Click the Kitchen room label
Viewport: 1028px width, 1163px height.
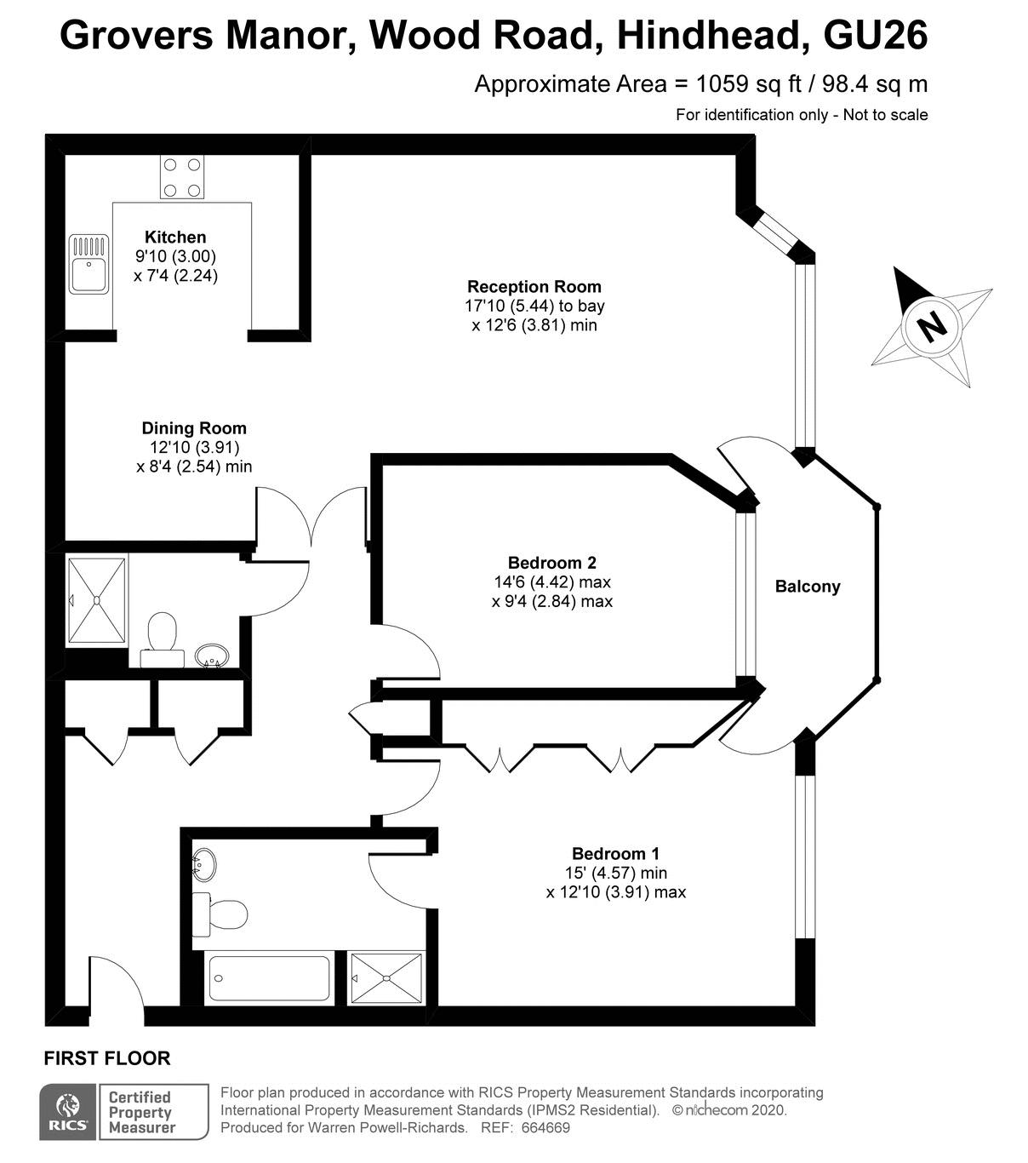(175, 237)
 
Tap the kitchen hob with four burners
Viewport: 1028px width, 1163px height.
(182, 177)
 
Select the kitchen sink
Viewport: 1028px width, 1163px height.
(89, 263)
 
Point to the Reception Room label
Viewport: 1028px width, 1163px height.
(534, 286)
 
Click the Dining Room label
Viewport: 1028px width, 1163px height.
(194, 428)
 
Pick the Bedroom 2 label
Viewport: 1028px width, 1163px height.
(552, 563)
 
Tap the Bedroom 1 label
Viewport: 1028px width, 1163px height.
(615, 854)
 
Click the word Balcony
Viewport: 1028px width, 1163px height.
(808, 587)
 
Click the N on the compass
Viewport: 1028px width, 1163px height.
(932, 327)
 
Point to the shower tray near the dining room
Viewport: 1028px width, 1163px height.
(96, 601)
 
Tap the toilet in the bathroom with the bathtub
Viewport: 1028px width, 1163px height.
(220, 914)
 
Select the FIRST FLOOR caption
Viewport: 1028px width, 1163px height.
(107, 1058)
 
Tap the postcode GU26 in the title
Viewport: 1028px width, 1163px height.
(876, 36)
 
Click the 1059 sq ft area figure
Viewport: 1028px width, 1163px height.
(749, 84)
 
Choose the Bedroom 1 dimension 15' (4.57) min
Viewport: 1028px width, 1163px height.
(616, 874)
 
